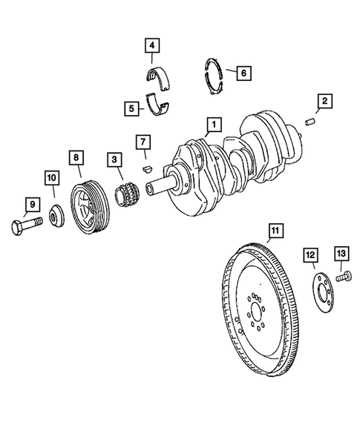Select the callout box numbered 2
pos(323,100)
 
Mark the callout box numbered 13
pos(341,254)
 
